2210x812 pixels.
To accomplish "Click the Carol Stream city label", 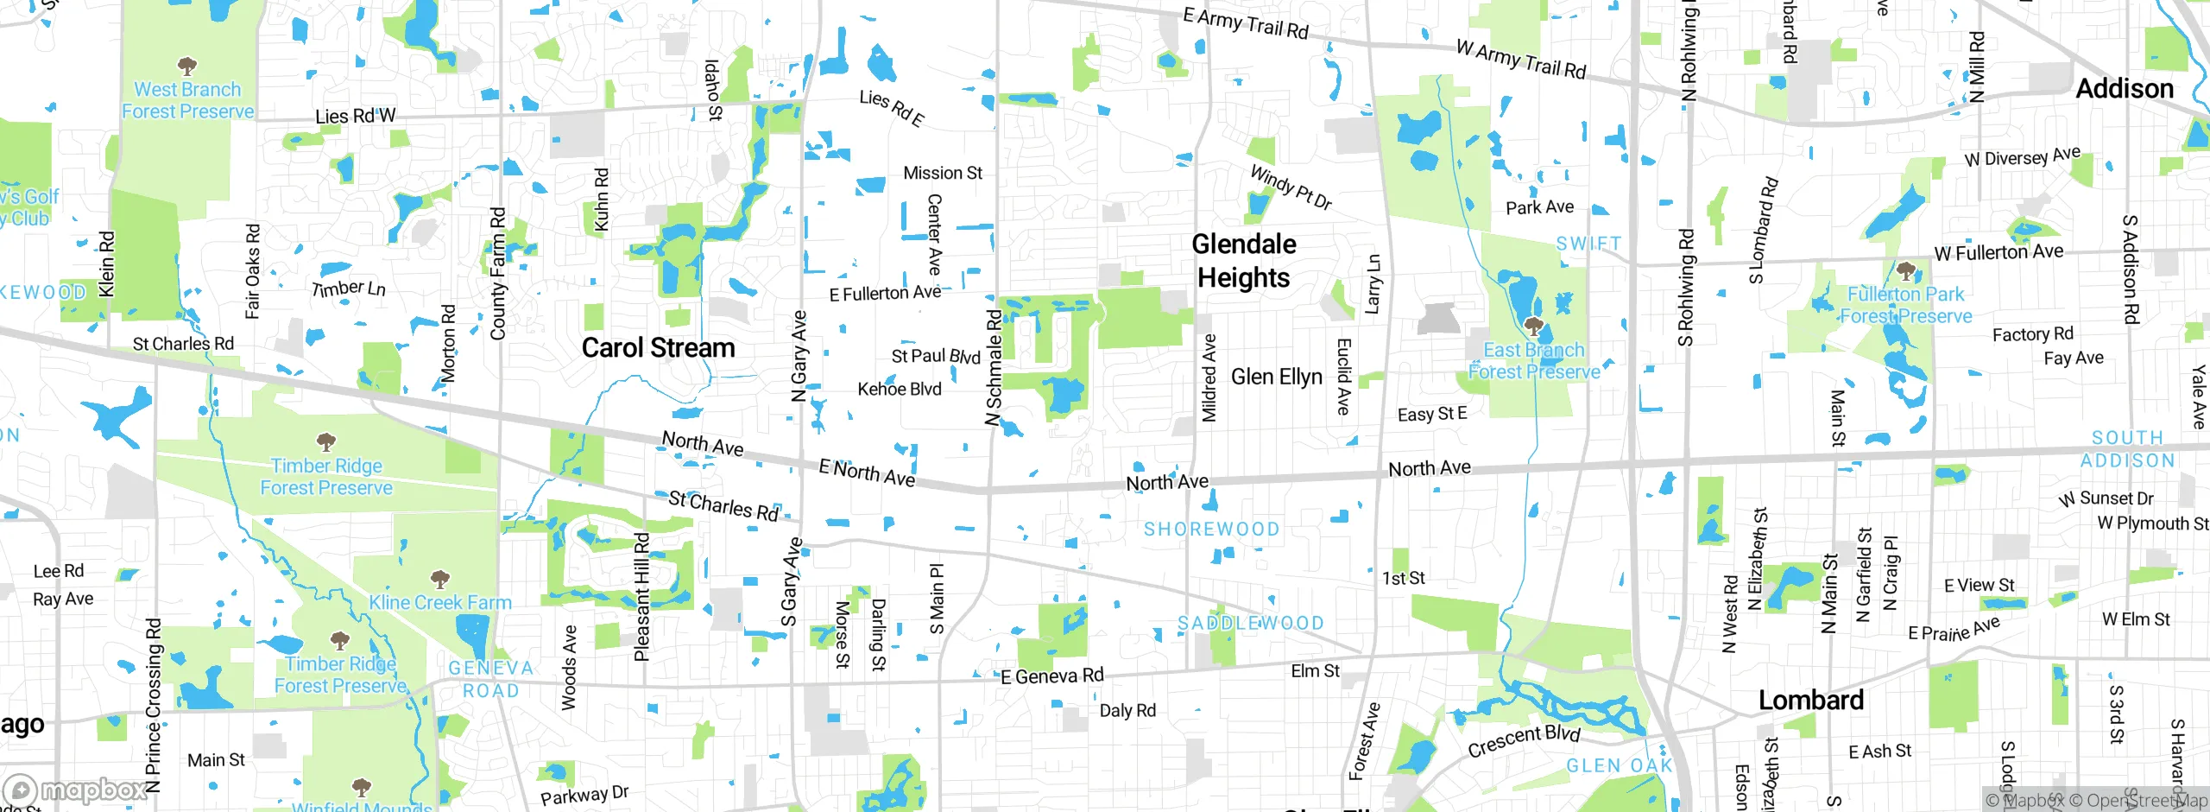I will (x=658, y=348).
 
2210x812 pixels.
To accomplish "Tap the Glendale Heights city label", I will (x=1243, y=261).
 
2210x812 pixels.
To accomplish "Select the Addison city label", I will (x=2124, y=89).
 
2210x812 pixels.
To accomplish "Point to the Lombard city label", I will (x=1811, y=700).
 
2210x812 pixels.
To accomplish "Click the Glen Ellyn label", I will (x=1276, y=377).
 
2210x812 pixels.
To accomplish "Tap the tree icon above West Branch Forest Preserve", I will (x=187, y=66).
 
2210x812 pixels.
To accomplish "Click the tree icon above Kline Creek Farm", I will (x=440, y=578).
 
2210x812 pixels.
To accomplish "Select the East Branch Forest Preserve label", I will (x=1533, y=361).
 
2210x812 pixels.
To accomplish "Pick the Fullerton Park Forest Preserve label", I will (x=1905, y=305).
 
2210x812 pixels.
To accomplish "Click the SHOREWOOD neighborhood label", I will (x=1211, y=529).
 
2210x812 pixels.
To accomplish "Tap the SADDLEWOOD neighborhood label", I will (x=1250, y=623).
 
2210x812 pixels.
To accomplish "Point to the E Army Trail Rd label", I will (x=1246, y=23).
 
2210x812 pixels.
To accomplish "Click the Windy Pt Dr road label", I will (x=1291, y=187).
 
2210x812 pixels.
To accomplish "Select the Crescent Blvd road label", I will (x=1524, y=740).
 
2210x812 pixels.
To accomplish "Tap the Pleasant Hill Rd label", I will (x=641, y=597).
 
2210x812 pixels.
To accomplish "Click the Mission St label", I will (x=942, y=174).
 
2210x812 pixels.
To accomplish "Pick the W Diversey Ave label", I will (x=2022, y=157).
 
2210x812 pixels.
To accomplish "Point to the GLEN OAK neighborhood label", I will (x=1619, y=766).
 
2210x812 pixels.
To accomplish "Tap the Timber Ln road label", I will (x=349, y=289).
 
